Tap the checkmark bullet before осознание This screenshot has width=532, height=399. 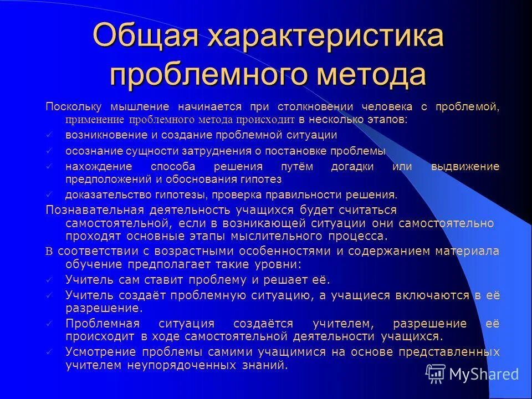pos(49,151)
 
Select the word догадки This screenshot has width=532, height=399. pos(349,167)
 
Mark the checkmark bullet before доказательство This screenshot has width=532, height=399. pos(49,195)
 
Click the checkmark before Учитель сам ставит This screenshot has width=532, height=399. pos(49,280)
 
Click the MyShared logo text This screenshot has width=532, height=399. pos(483,374)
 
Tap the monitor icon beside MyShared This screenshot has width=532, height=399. pos(436,374)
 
